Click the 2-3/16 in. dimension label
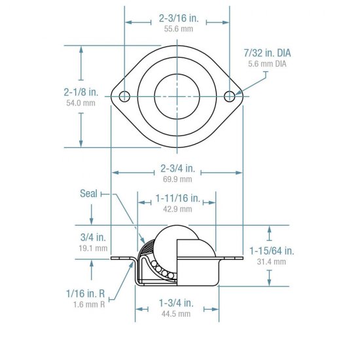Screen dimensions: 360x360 pyautogui.click(x=177, y=20)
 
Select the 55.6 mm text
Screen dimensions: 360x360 pyautogui.click(x=177, y=30)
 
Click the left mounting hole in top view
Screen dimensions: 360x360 pyautogui.click(x=124, y=97)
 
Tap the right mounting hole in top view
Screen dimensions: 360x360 pyautogui.click(x=229, y=97)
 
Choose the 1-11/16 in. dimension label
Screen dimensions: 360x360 pyautogui.click(x=177, y=198)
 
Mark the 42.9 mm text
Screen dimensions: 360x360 pyautogui.click(x=177, y=209)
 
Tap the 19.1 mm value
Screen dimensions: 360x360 pyautogui.click(x=93, y=248)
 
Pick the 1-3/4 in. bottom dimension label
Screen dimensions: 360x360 pyautogui.click(x=177, y=303)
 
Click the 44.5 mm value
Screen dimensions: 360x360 pyautogui.click(x=177, y=314)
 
